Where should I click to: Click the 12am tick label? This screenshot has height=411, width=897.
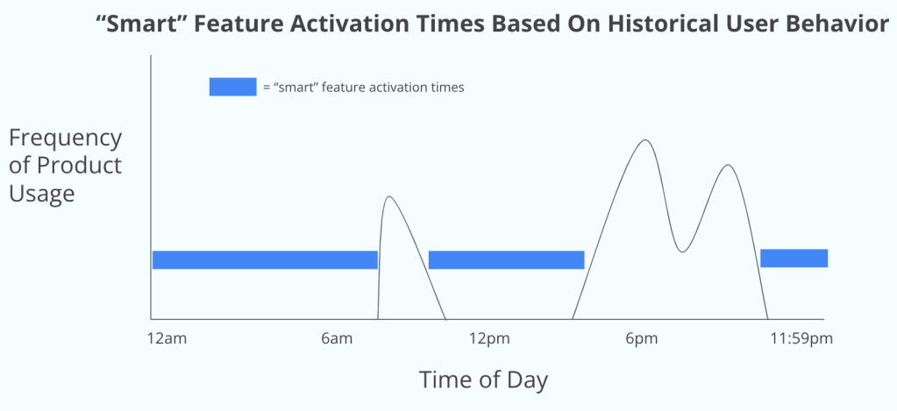167,339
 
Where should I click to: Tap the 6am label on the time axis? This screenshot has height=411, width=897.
337,339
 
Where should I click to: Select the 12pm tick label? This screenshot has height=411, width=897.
489,339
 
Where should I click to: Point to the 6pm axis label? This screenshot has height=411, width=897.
641,339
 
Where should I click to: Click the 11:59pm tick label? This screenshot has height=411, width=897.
801,339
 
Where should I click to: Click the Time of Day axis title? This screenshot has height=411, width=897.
483,380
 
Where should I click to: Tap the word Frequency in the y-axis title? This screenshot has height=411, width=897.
65,139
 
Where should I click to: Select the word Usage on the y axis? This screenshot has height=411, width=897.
42,194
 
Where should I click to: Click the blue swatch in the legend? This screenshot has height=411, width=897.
233,87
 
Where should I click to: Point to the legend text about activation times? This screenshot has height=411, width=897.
363,88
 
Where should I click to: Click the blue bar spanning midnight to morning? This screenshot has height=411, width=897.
265,259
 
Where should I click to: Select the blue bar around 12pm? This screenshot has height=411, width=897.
506,259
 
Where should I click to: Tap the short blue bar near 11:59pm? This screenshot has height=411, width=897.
794,259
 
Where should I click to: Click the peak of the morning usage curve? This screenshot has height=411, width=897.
389,196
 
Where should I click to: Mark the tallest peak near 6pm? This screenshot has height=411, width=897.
645,140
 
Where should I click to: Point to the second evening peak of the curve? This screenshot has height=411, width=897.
728,166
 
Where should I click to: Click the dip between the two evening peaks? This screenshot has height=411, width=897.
680,252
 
